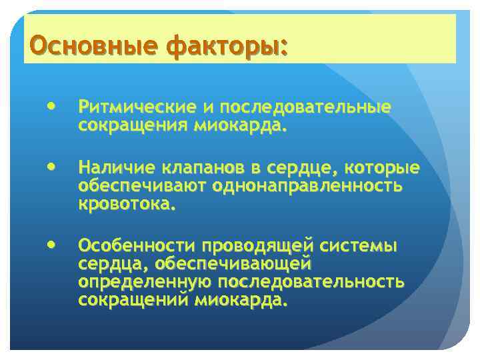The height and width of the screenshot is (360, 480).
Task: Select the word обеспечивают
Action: (x=143, y=185)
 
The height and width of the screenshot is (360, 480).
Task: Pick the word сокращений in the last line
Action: (x=134, y=301)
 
